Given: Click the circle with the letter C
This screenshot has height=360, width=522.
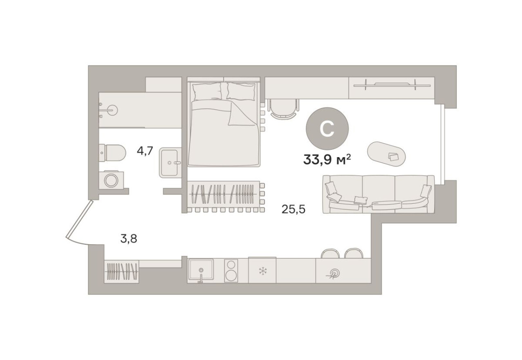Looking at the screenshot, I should tap(327, 128).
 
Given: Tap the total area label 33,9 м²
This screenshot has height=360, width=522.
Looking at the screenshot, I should tap(327, 160).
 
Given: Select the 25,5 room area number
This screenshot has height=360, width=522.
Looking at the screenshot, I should tap(293, 210).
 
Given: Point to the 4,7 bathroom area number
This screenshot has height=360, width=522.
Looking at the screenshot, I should tap(145, 151).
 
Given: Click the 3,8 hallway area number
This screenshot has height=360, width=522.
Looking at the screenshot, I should tap(128, 239).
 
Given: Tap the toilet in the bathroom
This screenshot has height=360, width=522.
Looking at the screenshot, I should tap(113, 153).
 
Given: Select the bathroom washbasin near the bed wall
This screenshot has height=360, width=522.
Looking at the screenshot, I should tap(169, 163).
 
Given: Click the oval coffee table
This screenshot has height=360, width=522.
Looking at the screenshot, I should tap(387, 154).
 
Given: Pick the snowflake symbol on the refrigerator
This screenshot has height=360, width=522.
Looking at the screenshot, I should tap(262, 270).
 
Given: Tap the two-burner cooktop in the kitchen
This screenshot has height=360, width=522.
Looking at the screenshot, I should tap(232, 270).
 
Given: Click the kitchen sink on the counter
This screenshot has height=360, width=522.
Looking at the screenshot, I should tap(200, 270).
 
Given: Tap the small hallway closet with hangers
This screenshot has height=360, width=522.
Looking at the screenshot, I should tap(121, 271).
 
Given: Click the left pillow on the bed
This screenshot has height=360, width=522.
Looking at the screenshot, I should tap(207, 91).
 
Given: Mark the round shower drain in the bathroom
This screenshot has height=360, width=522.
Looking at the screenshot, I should tap(112, 109).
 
